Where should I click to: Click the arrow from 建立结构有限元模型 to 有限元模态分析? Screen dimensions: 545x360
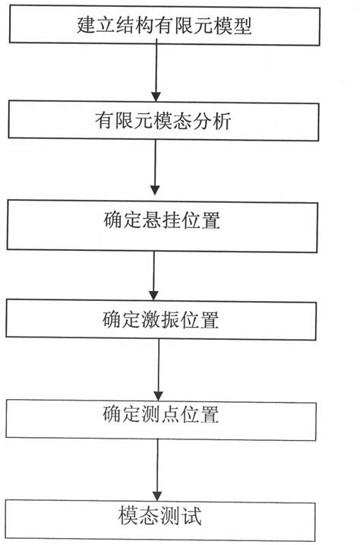(156, 72)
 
